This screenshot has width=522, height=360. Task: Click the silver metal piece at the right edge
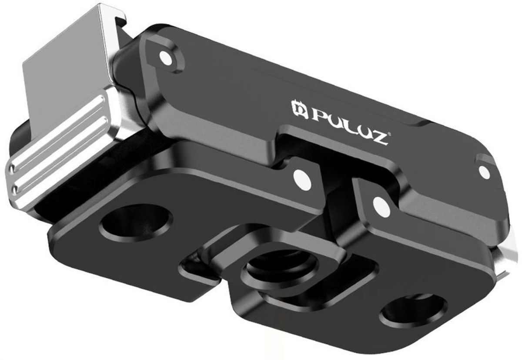(x=509, y=261)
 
